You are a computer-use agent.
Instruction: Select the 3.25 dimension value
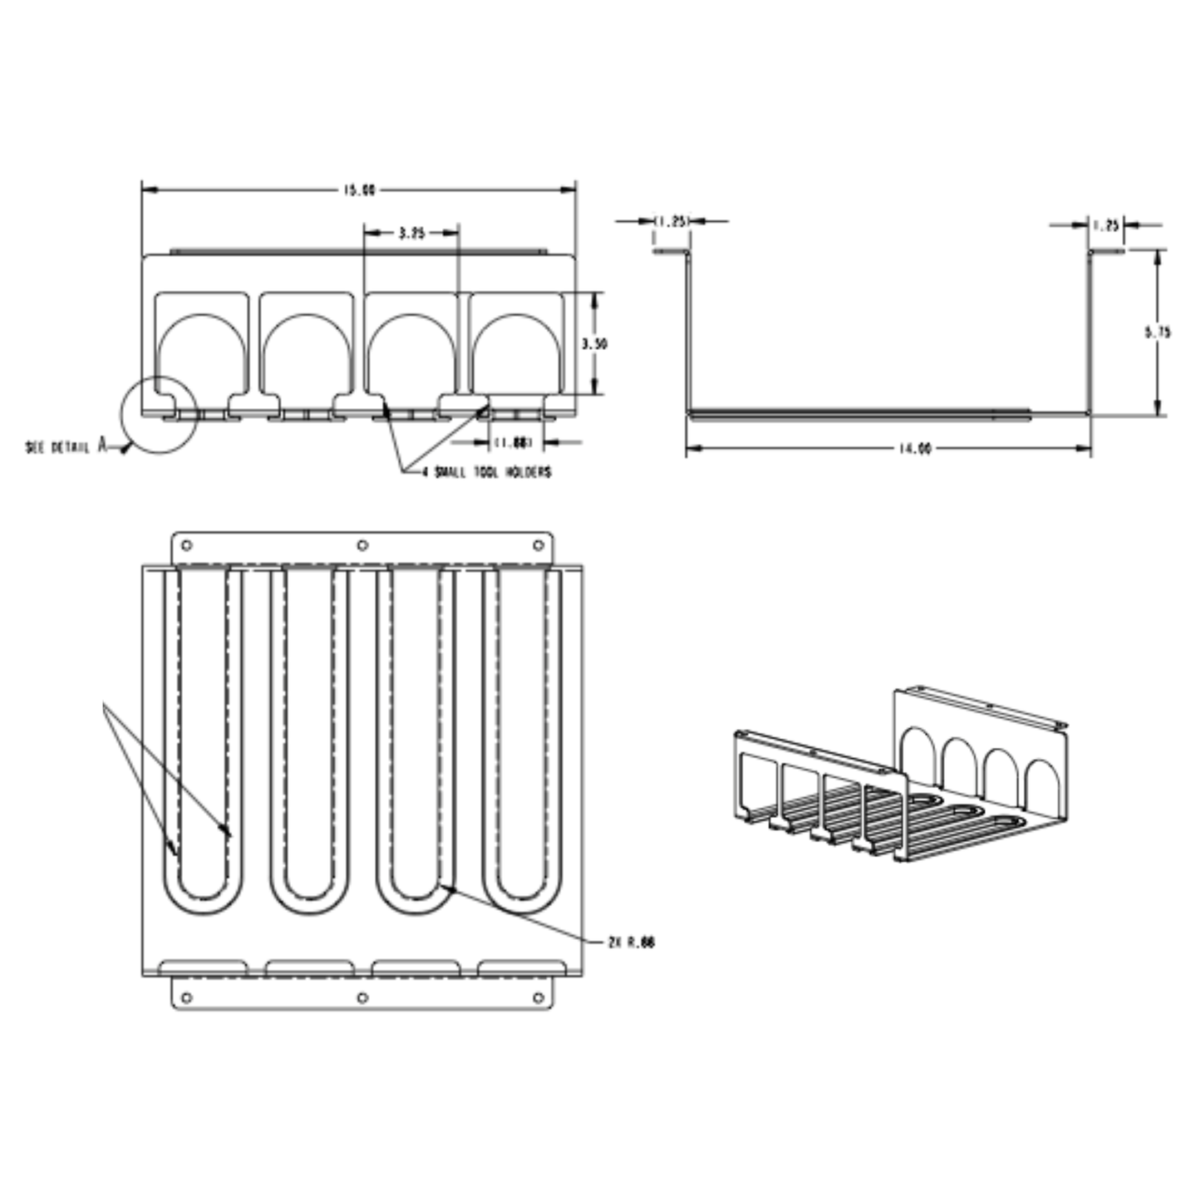pyautogui.click(x=411, y=234)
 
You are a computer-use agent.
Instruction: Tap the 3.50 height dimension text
pyautogui.click(x=594, y=343)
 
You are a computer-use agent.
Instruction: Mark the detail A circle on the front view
pyautogui.click(x=159, y=416)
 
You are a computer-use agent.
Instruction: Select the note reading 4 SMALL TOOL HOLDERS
pyautogui.click(x=487, y=472)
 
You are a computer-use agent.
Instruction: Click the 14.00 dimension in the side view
pyautogui.click(x=913, y=449)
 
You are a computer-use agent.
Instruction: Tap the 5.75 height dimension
pyautogui.click(x=1157, y=332)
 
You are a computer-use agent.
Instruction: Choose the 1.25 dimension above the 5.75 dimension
pyautogui.click(x=1105, y=224)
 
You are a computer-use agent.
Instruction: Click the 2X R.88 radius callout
pyautogui.click(x=632, y=943)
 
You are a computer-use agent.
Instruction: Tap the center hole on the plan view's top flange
pyautogui.click(x=362, y=545)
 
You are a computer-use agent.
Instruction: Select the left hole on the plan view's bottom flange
pyautogui.click(x=186, y=997)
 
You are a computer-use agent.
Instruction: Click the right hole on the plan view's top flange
pyautogui.click(x=539, y=545)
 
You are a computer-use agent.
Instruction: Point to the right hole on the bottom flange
pyautogui.click(x=539, y=997)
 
